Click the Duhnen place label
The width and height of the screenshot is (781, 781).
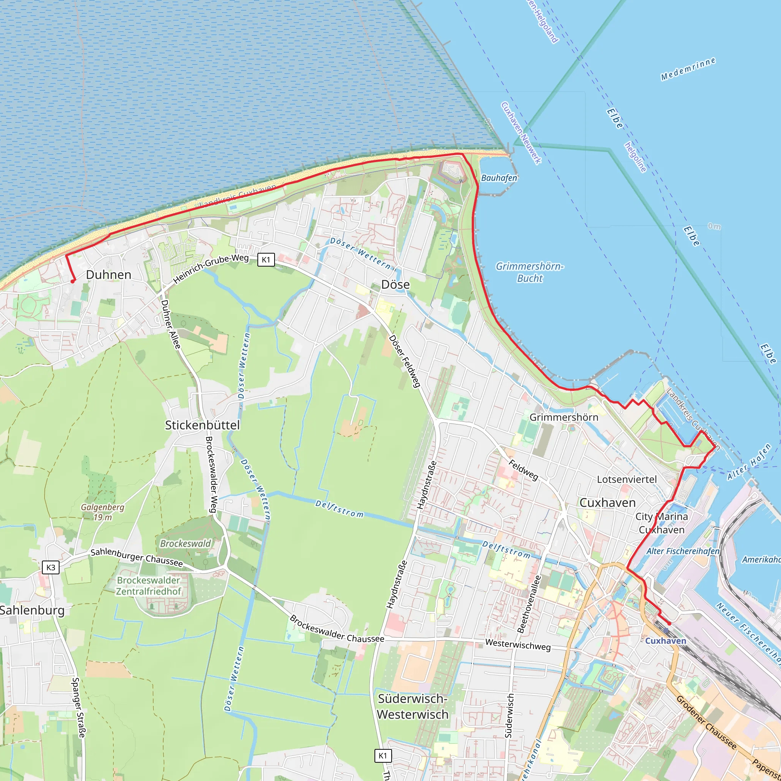(108, 275)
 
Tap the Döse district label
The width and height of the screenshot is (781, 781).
(395, 284)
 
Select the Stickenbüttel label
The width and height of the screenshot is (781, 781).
(202, 425)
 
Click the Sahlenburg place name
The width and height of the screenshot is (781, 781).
(32, 610)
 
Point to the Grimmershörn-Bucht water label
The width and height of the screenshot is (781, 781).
(530, 272)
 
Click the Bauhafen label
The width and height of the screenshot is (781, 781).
(499, 178)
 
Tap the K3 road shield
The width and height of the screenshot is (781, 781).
(51, 567)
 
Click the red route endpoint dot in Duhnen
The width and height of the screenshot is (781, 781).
(73, 281)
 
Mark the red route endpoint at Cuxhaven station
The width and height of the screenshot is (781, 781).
(669, 624)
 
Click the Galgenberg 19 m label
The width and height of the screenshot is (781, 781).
(103, 512)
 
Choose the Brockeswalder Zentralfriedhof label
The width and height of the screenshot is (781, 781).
(148, 586)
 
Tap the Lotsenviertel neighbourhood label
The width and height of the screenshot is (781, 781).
(627, 479)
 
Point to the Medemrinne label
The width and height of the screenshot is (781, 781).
(688, 69)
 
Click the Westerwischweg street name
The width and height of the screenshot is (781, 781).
(518, 645)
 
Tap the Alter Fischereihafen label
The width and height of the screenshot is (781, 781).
(683, 551)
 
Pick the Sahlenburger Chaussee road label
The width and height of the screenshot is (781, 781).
(137, 558)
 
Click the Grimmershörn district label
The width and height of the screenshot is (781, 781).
(564, 417)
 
